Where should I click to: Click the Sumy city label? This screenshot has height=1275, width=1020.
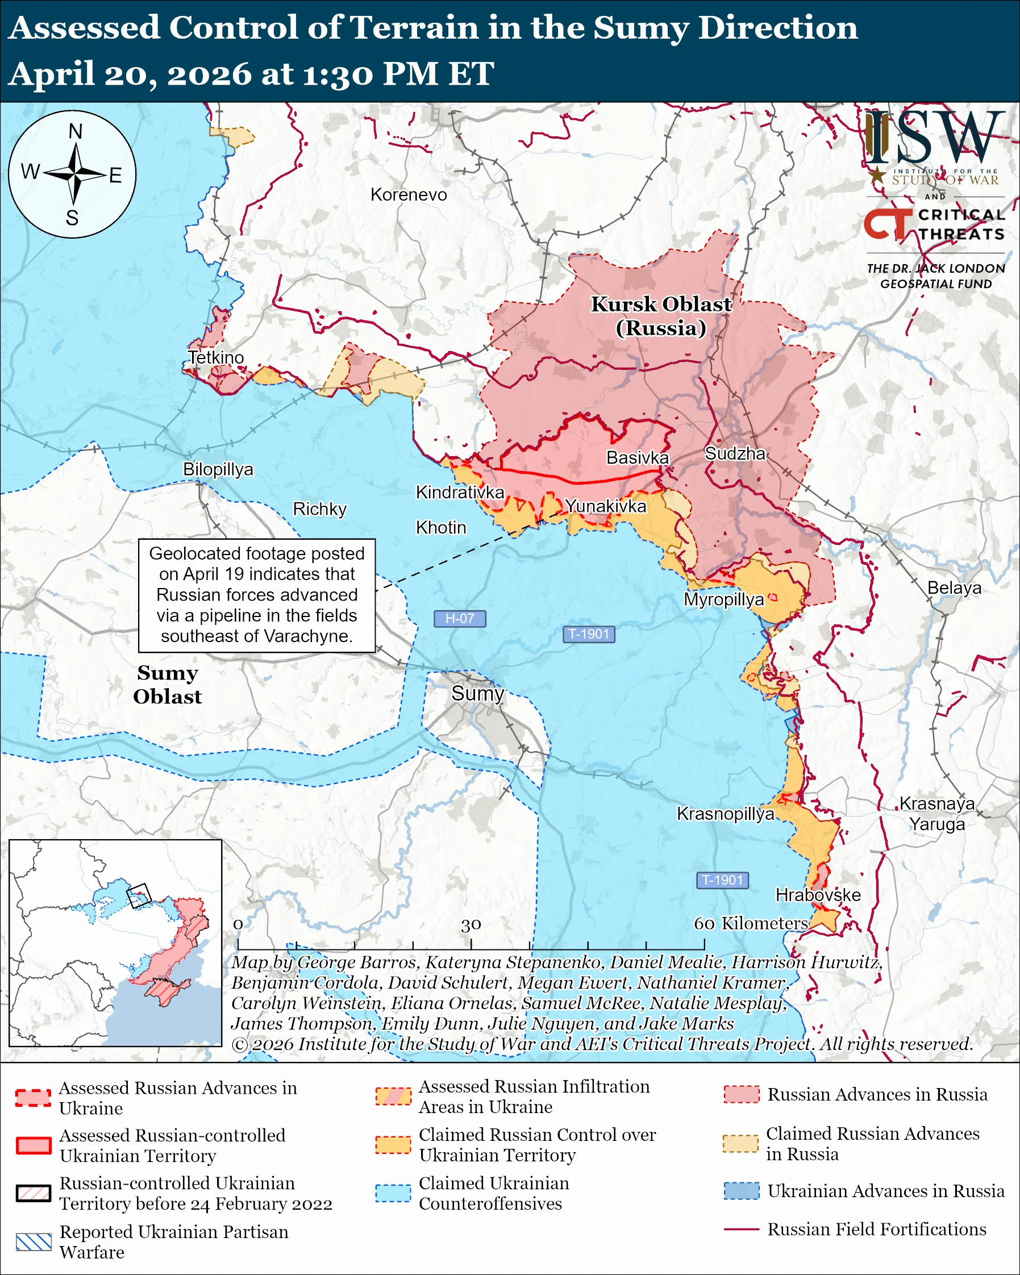coord(477,693)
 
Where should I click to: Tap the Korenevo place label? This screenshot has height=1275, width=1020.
coord(409,194)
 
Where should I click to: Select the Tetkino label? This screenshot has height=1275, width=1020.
coord(216,357)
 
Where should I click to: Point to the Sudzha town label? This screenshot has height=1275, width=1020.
coord(735,453)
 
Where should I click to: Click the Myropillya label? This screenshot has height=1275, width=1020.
coord(724,599)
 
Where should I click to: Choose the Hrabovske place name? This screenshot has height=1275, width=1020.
coord(818,895)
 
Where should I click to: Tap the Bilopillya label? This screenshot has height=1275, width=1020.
coord(218,469)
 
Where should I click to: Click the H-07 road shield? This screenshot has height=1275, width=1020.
coord(460,619)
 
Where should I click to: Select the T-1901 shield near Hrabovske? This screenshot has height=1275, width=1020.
coord(722,880)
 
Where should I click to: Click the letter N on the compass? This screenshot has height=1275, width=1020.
coord(75,131)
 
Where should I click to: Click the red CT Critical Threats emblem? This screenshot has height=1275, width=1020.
coord(887,223)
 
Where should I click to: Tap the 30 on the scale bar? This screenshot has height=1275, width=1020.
coord(471,925)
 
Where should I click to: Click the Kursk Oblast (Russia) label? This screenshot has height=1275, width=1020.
coord(661,316)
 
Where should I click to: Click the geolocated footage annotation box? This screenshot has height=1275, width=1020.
coord(257,595)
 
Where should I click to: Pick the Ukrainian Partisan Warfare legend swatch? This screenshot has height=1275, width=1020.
coord(34,1242)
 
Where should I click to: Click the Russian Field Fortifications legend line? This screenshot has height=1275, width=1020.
coord(741,1229)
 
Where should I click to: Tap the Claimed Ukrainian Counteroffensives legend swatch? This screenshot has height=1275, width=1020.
coord(393,1193)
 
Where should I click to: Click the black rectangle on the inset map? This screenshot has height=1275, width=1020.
coord(139,895)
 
